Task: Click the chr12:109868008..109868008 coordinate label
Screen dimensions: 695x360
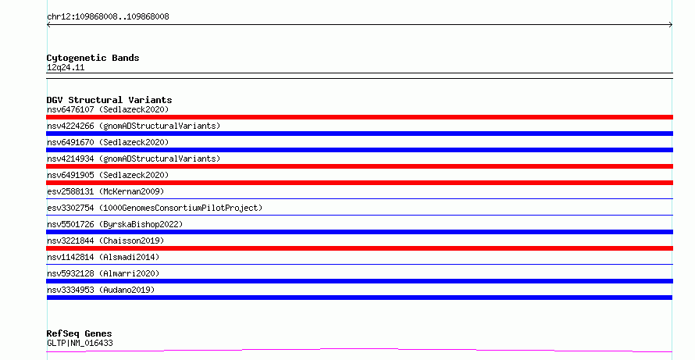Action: click(108, 17)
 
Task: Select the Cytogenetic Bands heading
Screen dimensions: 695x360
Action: click(93, 58)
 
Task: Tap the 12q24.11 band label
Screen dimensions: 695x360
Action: click(66, 68)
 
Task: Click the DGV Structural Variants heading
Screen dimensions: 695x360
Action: click(109, 100)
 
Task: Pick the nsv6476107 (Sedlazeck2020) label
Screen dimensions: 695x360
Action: click(108, 109)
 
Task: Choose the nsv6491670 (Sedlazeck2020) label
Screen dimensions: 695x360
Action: click(108, 142)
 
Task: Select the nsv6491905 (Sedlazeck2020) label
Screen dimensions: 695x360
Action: click(108, 175)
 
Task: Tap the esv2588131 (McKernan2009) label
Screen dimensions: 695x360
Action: click(105, 191)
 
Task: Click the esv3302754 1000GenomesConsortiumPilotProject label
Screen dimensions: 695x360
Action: click(155, 208)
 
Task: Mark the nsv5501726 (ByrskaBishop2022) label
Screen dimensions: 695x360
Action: click(115, 224)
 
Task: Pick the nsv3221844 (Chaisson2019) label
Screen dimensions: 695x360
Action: click(105, 241)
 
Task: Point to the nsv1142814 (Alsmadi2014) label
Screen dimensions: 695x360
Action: click(103, 257)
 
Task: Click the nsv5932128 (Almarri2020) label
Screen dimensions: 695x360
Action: click(103, 273)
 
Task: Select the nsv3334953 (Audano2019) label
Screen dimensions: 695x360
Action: click(101, 290)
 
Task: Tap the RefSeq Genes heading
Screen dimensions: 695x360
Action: click(80, 333)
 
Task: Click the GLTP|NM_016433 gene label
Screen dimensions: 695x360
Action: click(80, 343)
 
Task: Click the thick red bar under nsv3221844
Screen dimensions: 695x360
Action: click(359, 248)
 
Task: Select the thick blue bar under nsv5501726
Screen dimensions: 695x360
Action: click(359, 232)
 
